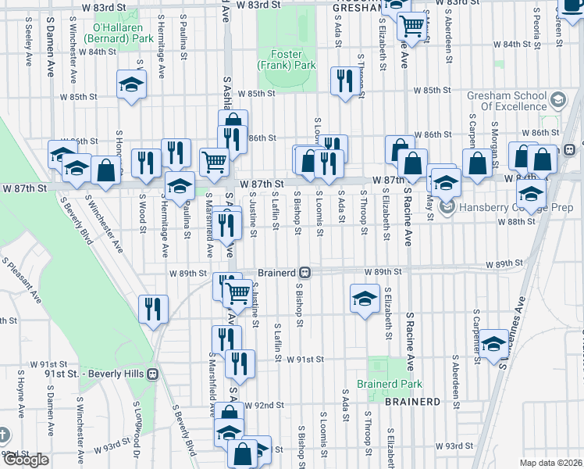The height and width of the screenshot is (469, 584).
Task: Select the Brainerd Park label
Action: tap(389, 384)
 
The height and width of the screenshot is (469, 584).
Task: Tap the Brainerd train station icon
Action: tap(306, 273)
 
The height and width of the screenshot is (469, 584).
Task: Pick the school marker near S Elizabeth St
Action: tap(365, 299)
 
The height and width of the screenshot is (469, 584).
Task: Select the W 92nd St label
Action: tap(262, 406)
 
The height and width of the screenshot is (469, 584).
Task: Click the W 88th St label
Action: tap(515, 221)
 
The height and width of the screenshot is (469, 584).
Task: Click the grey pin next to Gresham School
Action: tap(558, 100)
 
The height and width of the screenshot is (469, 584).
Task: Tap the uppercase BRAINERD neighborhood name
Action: tap(412, 402)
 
